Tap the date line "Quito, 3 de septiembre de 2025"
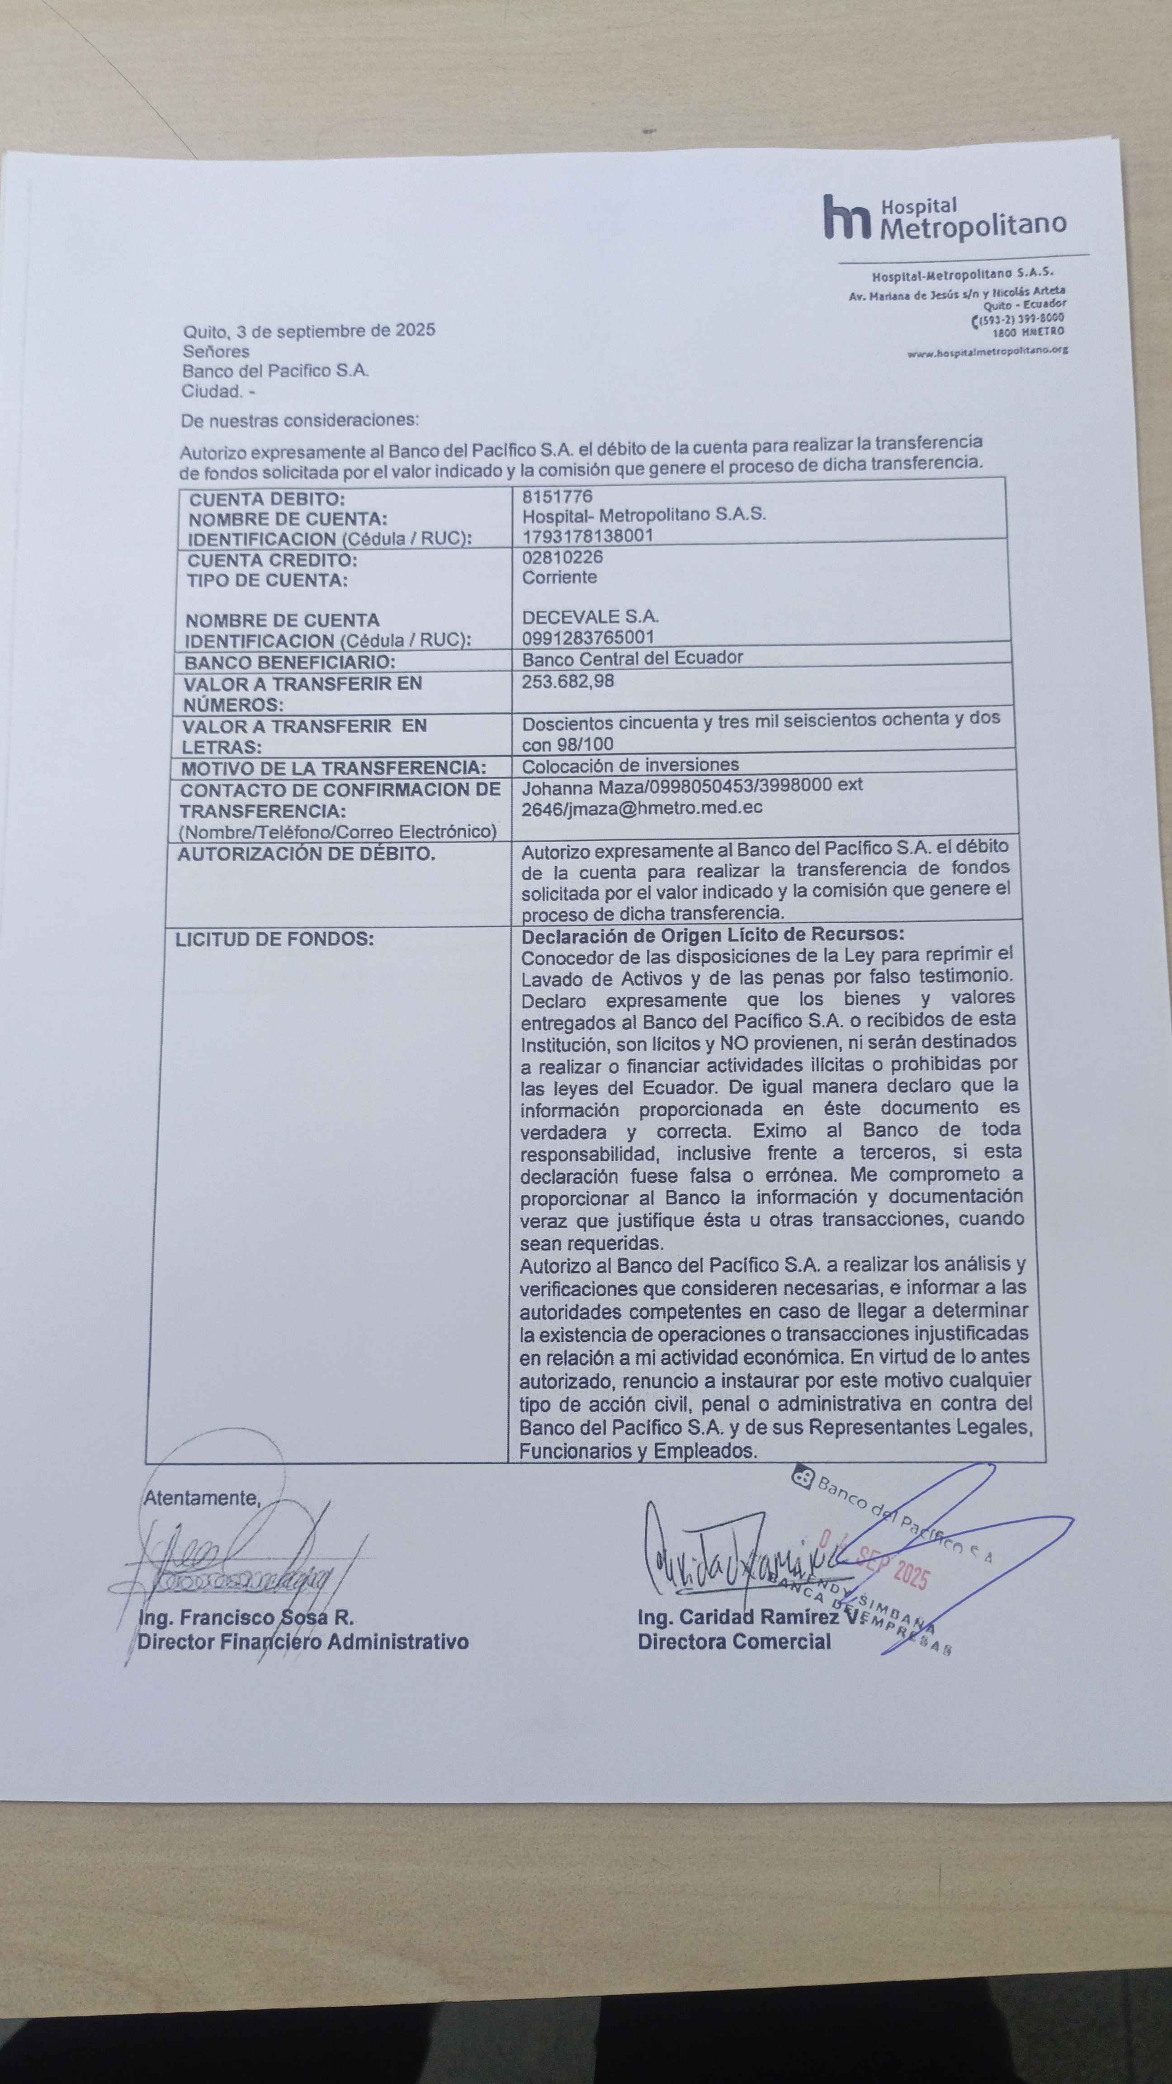[x=309, y=330]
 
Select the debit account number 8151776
[x=557, y=496]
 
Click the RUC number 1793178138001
[x=588, y=535]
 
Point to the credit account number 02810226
[x=562, y=557]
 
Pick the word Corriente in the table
[x=560, y=577]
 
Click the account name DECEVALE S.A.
[x=591, y=616]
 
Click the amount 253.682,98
[x=568, y=681]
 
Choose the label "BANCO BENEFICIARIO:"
[x=289, y=663]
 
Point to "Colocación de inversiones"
[x=630, y=764]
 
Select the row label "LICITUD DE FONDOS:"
[x=275, y=939]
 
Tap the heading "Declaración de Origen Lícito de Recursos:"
[x=713, y=935]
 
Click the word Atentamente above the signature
[x=201, y=1498]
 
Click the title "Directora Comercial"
[x=734, y=1642]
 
